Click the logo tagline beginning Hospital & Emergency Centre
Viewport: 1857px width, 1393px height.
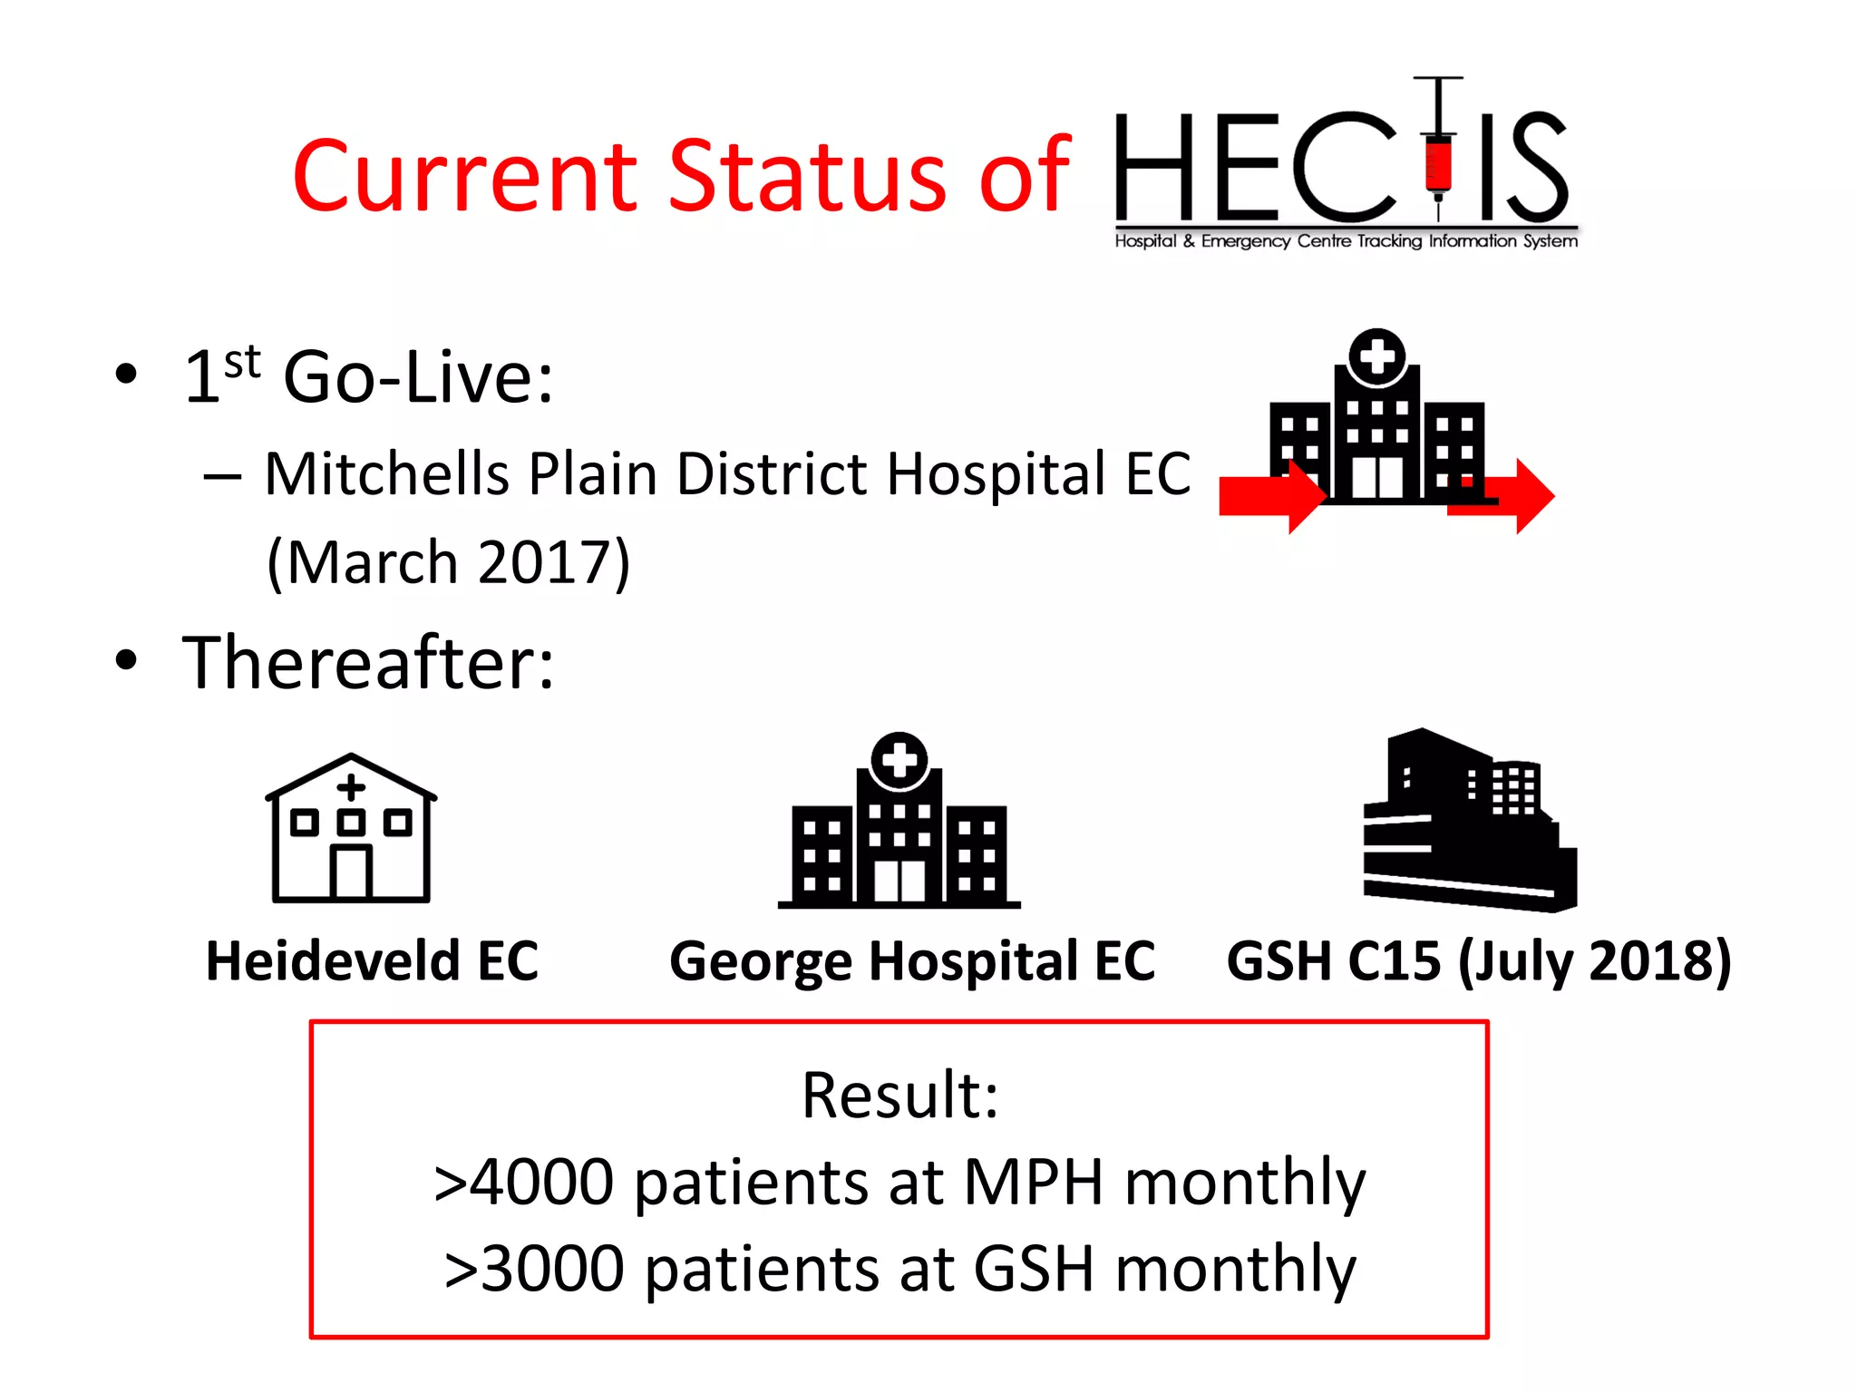[x=1346, y=241]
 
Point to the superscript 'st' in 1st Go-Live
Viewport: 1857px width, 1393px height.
[x=242, y=362]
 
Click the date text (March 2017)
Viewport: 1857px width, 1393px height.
[x=449, y=562]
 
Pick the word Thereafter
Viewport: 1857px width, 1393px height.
[x=368, y=663]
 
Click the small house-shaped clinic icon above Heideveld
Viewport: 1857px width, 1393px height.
[x=351, y=829]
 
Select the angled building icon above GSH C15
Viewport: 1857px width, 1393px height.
[x=1469, y=821]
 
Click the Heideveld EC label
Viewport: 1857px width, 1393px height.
[x=373, y=960]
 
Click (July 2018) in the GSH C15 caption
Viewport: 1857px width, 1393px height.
[x=1595, y=960]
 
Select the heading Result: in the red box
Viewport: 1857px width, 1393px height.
[x=899, y=1095]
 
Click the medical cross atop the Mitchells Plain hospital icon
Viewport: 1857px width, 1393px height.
[x=1376, y=356]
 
